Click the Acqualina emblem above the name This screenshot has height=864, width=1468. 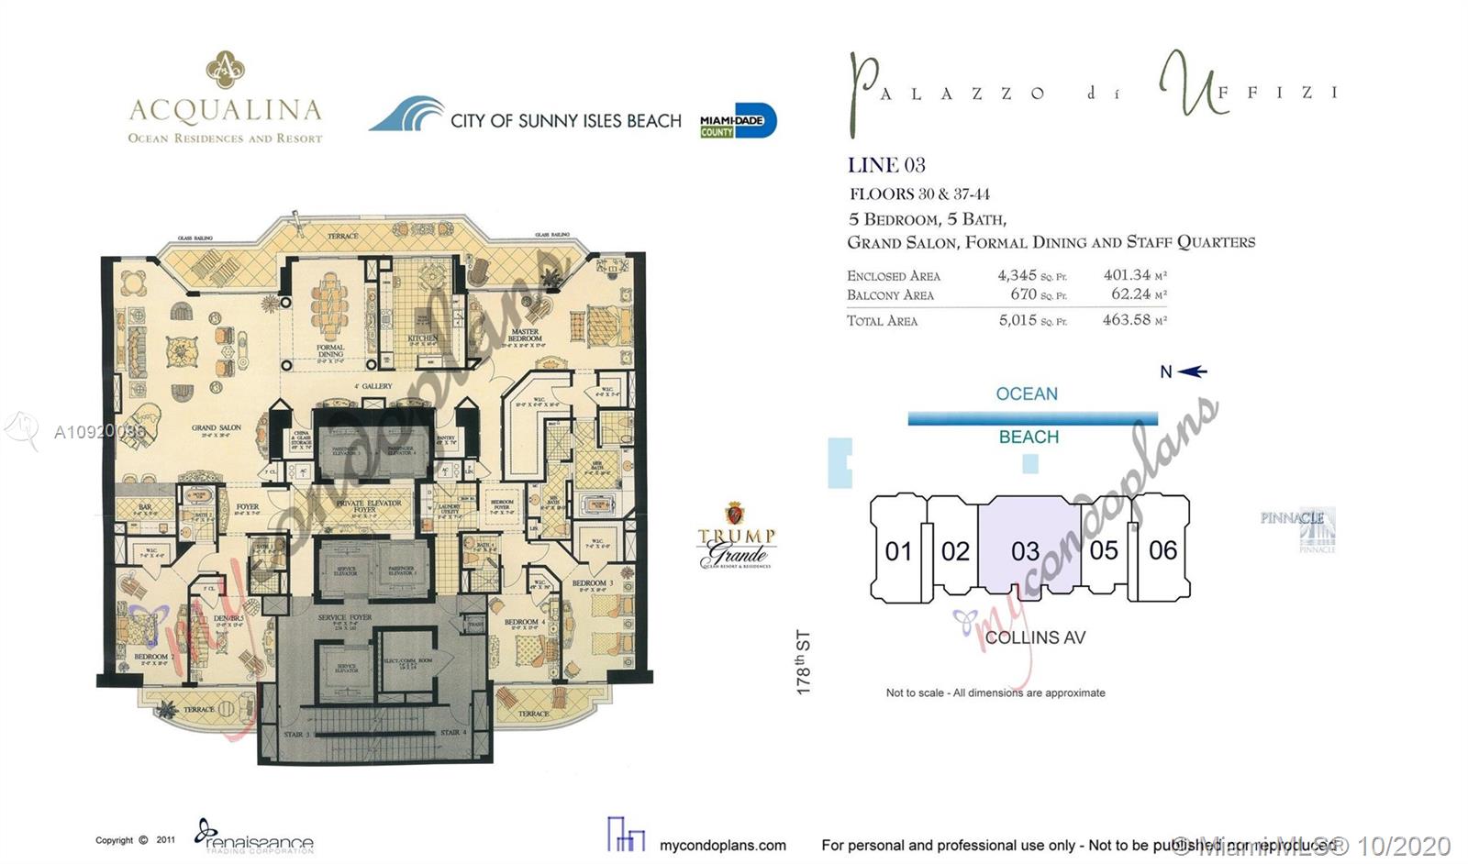[x=225, y=71]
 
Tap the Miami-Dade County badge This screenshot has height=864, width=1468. [x=738, y=121]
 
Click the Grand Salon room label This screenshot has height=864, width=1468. [x=217, y=427]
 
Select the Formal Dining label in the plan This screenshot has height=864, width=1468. [x=330, y=350]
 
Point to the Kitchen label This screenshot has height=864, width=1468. [x=423, y=338]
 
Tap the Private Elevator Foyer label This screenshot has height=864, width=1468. [x=369, y=504]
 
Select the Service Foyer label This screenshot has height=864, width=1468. [x=345, y=618]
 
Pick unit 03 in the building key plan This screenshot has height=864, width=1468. [x=1025, y=551]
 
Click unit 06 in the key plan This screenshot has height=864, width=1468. [x=1162, y=550]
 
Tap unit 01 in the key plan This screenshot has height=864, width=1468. [x=898, y=551]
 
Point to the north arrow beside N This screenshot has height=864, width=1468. [x=1193, y=371]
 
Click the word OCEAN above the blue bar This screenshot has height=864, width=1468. [x=1027, y=393]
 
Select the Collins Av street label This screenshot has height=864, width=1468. [x=1035, y=637]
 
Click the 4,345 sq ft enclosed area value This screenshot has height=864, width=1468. [x=1018, y=275]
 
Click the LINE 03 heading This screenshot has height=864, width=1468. [x=886, y=165]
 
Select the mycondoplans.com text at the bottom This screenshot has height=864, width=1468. [x=723, y=845]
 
